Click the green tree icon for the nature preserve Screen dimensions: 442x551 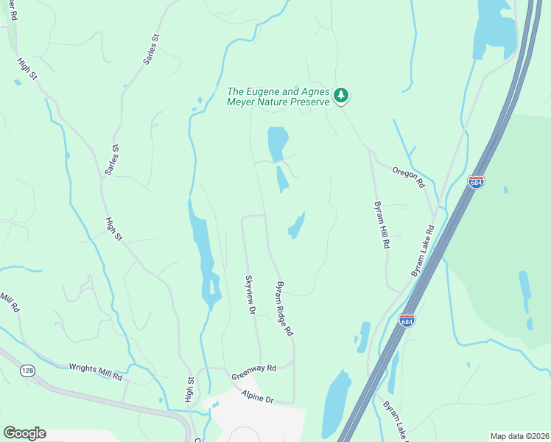coord(340,95)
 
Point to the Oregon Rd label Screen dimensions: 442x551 coord(410,175)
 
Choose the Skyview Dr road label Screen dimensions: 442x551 coord(250,294)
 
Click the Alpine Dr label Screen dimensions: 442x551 coord(257,398)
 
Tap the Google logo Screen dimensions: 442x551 coord(24,433)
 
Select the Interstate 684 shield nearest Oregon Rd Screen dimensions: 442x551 coord(477,180)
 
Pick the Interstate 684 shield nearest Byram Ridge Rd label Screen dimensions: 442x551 coord(407,320)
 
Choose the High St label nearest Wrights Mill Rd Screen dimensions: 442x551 coord(190,390)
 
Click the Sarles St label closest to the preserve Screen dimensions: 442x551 coord(152,49)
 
